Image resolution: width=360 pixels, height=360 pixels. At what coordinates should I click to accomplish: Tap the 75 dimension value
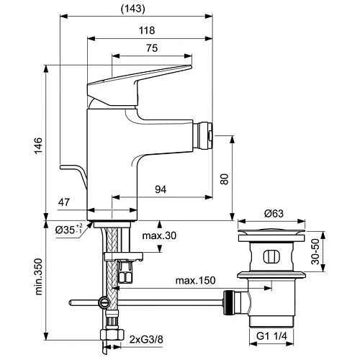[152, 48]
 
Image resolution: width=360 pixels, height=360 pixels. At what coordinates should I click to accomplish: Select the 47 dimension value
[64, 204]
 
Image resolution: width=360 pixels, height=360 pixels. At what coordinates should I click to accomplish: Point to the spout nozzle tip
[208, 134]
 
